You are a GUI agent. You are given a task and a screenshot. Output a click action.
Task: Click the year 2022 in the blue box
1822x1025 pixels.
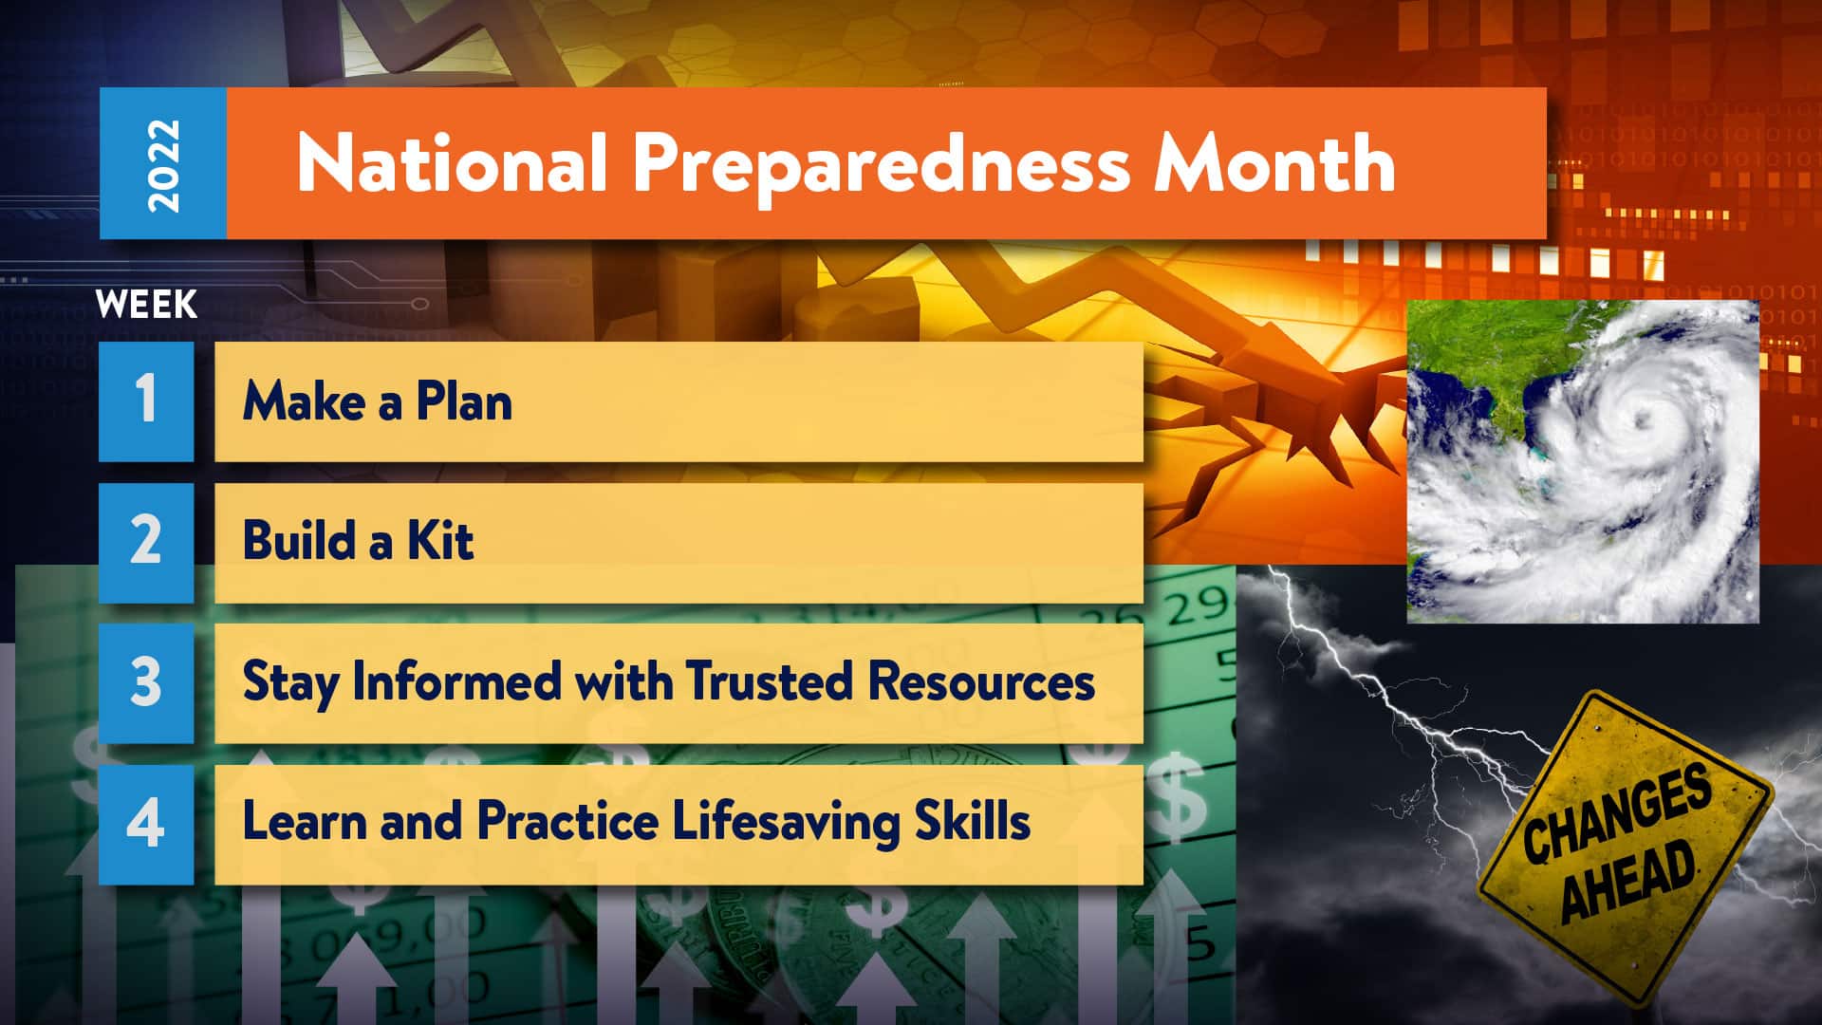[x=163, y=164]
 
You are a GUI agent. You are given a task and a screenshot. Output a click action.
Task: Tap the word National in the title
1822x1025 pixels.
[x=453, y=162]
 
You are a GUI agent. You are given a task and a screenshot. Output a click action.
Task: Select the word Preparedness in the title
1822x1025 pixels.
[x=882, y=167]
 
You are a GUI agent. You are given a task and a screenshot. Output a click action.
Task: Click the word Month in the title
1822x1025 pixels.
[x=1274, y=162]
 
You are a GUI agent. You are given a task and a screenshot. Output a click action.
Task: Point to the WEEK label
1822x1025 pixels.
[x=146, y=305]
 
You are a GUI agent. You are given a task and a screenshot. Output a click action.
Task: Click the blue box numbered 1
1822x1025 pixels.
[x=146, y=401]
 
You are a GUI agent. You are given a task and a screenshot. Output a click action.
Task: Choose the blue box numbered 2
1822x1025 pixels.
[x=146, y=542]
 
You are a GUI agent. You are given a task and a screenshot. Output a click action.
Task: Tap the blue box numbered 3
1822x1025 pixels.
[x=146, y=682]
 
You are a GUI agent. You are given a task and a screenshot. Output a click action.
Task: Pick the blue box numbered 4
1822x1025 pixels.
[x=146, y=824]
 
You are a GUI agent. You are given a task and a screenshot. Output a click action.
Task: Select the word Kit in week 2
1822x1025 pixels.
[x=440, y=540]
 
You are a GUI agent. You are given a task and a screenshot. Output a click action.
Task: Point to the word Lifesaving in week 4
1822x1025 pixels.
[x=786, y=821]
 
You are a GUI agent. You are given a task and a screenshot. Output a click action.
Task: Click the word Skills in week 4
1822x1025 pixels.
[x=972, y=821]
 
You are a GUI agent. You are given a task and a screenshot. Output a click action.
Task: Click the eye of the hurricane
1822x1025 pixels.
[x=1639, y=418]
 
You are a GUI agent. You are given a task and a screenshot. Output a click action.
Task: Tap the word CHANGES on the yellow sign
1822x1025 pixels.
[x=1618, y=812]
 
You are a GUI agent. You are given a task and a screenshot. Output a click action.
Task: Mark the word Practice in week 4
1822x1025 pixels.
[x=567, y=821]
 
